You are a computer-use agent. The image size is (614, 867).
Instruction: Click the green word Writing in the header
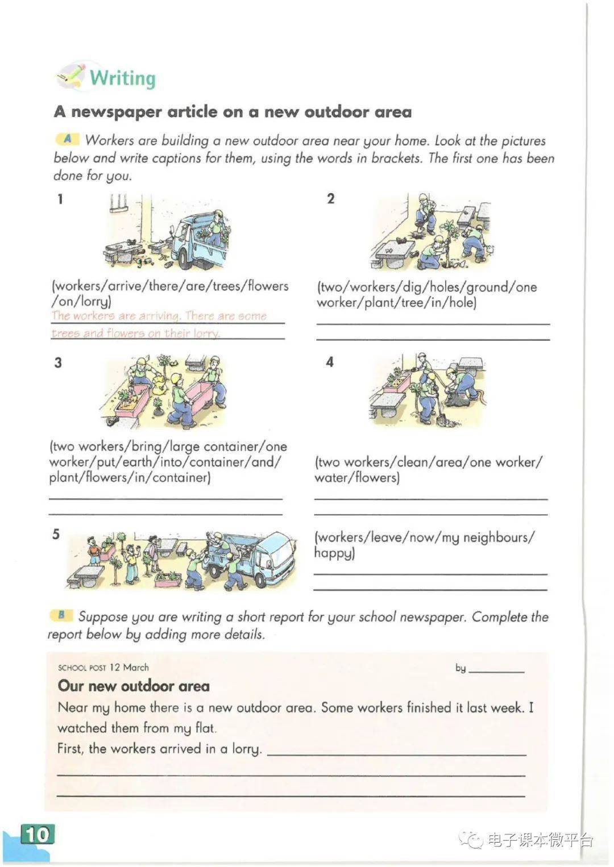pos(122,78)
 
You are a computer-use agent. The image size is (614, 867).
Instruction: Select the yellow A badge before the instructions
pos(67,139)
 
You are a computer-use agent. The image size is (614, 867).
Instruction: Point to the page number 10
pos(37,834)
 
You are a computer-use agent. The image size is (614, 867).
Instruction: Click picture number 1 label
pos(60,199)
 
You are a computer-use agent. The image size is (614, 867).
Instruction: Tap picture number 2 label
pos(331,199)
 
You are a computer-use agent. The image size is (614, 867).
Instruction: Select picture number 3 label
pos(57,362)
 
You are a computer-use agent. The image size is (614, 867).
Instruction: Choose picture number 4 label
pos(330,362)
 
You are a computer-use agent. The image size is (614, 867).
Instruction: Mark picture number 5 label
pos(56,534)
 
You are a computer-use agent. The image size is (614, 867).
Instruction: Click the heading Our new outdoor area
pos(134,686)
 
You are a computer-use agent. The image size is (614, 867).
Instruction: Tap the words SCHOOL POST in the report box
pos(82,668)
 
